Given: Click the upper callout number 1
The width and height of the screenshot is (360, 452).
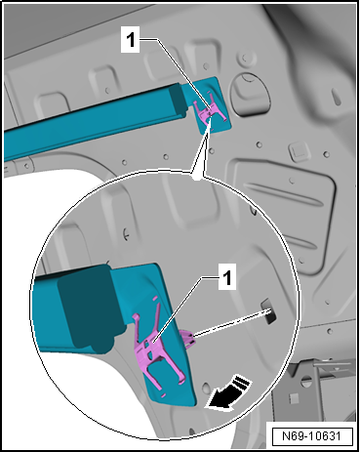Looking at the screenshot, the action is pos(130,40).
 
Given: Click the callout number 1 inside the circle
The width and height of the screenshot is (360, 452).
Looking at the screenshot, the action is pos(227,277).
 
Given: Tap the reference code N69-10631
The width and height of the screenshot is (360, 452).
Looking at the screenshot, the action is pos(311,436).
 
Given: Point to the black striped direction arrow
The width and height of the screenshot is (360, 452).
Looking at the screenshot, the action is pos(229,392).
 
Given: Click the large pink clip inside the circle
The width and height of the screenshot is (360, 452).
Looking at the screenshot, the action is pos(156,349).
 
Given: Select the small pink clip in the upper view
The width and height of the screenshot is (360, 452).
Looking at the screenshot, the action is pos(209,111).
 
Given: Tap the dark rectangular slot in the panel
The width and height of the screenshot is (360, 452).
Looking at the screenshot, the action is pos(268,310).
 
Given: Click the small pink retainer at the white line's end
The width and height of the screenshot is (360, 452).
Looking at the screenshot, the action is pos(187,338).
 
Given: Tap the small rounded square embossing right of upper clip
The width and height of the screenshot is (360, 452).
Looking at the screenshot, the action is pos(297,151).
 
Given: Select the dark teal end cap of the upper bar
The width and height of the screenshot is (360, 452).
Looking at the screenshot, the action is pos(177,98).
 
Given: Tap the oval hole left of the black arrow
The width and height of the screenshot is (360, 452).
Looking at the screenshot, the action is pos(206,388).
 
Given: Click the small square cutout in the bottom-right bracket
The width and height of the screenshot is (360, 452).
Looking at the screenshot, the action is pos(294,397).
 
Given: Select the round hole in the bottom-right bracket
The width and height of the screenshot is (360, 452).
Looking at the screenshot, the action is pos(306,380).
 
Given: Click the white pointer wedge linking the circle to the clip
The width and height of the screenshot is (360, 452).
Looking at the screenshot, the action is pos(200,149).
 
